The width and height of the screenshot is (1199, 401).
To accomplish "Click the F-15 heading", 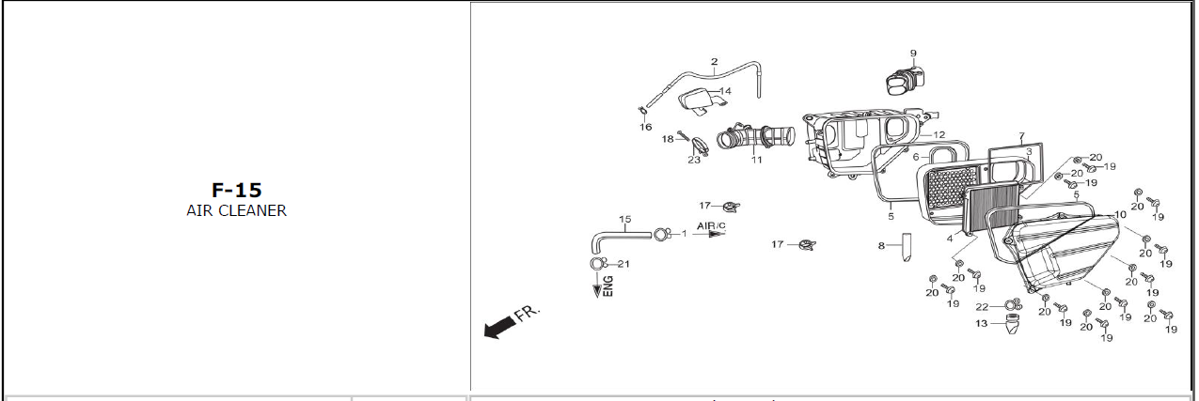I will point(236,191).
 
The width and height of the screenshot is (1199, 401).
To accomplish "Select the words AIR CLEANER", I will point(236,210).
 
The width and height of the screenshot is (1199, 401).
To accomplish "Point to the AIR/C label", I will point(711,226).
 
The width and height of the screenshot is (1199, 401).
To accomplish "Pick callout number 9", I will point(912,54).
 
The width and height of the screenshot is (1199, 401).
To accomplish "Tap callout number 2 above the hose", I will point(715,62).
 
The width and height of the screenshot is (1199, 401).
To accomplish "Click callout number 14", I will point(725,91).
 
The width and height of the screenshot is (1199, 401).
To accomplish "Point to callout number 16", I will point(646,127).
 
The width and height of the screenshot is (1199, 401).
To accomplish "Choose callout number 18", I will point(668,139).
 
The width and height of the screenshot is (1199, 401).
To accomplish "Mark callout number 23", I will point(694,159).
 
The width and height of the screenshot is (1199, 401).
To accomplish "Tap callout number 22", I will point(981,307).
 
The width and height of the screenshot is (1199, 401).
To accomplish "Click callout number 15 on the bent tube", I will point(625,220).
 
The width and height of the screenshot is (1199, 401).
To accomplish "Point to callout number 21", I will point(623,264).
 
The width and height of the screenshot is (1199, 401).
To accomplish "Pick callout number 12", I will point(939,135).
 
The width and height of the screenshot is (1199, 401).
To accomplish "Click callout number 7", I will point(1022,137).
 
